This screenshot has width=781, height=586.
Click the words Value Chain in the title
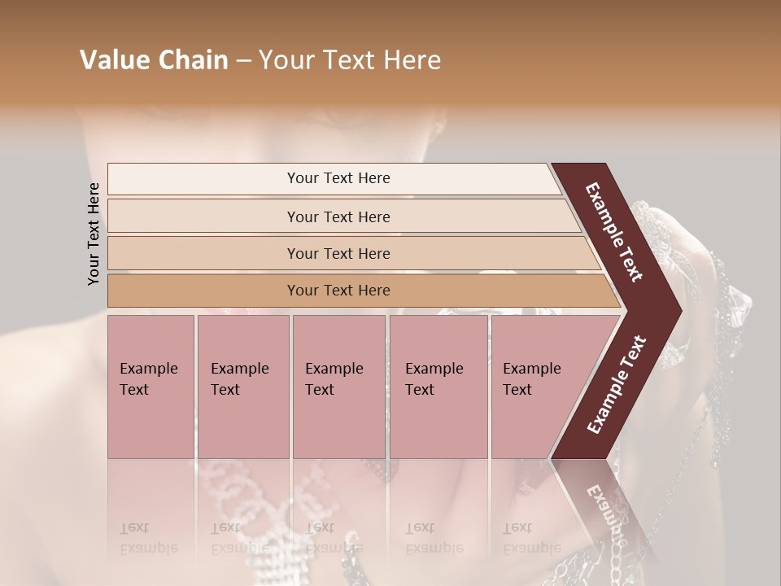coord(154,60)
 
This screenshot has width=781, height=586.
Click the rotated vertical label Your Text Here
coord(94,234)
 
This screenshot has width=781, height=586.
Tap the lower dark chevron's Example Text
coord(617,384)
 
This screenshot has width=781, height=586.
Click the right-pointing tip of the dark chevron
coord(677,309)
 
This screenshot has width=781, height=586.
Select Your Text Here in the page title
coord(350,60)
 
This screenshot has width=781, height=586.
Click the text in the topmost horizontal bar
coord(338,178)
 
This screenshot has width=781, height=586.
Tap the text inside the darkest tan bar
coord(338,291)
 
